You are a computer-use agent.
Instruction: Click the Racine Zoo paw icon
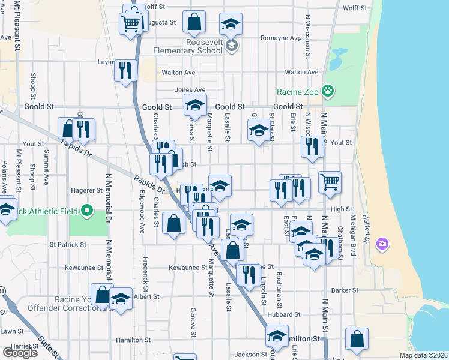[328, 91]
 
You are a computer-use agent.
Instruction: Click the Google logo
[20, 353]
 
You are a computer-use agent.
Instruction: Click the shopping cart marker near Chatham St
[330, 182]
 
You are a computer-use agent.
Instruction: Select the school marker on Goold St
[194, 105]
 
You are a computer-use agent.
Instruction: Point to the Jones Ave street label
[190, 90]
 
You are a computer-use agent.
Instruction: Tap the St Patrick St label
[68, 245]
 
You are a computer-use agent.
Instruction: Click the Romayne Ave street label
[280, 38]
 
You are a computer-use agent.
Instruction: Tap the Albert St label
[146, 296]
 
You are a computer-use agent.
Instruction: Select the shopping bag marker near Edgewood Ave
[174, 223]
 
